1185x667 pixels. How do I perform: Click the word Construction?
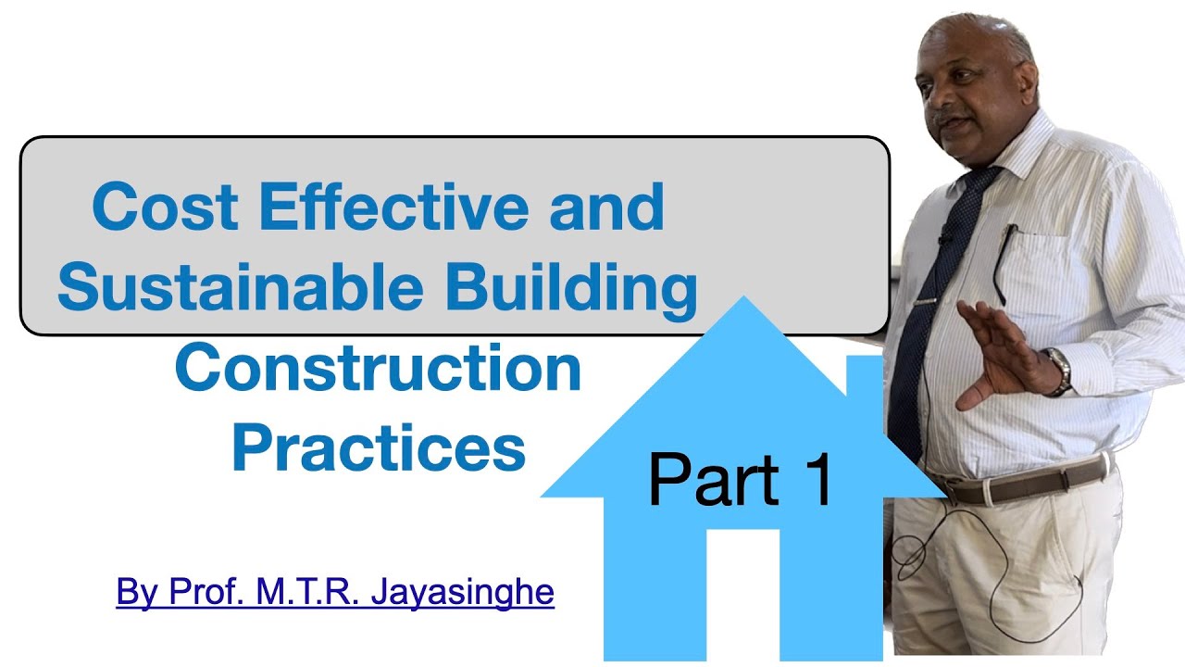point(378,368)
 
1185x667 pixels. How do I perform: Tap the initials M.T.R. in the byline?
point(311,592)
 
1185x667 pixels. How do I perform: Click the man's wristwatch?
point(1059,371)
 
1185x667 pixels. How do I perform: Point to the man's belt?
point(1018,482)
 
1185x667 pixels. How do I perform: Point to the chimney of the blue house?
point(864,389)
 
